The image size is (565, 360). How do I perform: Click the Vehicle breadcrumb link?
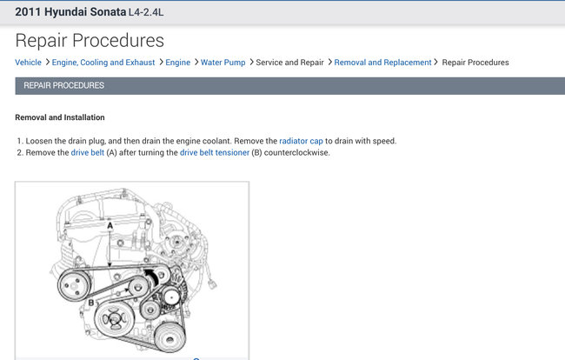(x=28, y=63)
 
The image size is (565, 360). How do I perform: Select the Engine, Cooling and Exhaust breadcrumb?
(x=103, y=63)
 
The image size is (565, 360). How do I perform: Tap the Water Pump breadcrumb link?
(x=223, y=63)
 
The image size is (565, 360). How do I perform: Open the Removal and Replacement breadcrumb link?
(x=382, y=63)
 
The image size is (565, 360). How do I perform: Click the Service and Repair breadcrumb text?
(x=289, y=63)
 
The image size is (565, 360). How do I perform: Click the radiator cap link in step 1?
(x=301, y=141)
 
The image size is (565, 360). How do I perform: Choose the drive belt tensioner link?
(x=215, y=152)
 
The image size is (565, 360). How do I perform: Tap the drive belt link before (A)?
(x=88, y=152)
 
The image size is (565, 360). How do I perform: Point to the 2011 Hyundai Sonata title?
(x=70, y=12)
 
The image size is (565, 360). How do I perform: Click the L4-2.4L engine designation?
(x=146, y=12)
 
